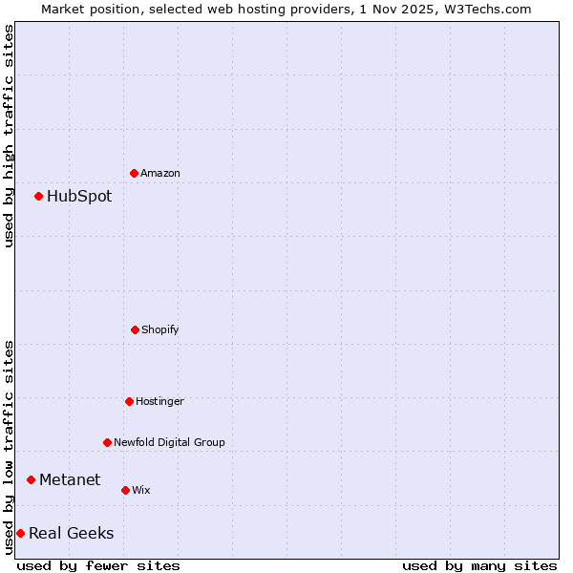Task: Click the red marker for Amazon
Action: pos(134,173)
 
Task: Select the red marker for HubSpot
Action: pos(38,196)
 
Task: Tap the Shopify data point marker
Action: pos(135,329)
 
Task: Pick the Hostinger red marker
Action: pos(129,401)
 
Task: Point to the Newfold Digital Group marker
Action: pos(107,442)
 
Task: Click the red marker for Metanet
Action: pos(31,479)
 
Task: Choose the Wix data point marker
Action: pos(125,490)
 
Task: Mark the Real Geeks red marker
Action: pos(20,533)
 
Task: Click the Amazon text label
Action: pos(160,173)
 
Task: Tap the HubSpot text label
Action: pos(79,196)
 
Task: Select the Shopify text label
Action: pos(160,329)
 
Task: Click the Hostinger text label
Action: pos(159,401)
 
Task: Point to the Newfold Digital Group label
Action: pos(169,442)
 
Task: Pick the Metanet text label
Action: pos(70,479)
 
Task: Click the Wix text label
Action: pos(141,490)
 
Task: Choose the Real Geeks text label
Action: pos(72,533)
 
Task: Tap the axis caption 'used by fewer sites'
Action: pos(98,565)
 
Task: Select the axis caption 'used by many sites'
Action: pos(479,565)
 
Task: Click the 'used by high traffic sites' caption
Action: pos(9,136)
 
